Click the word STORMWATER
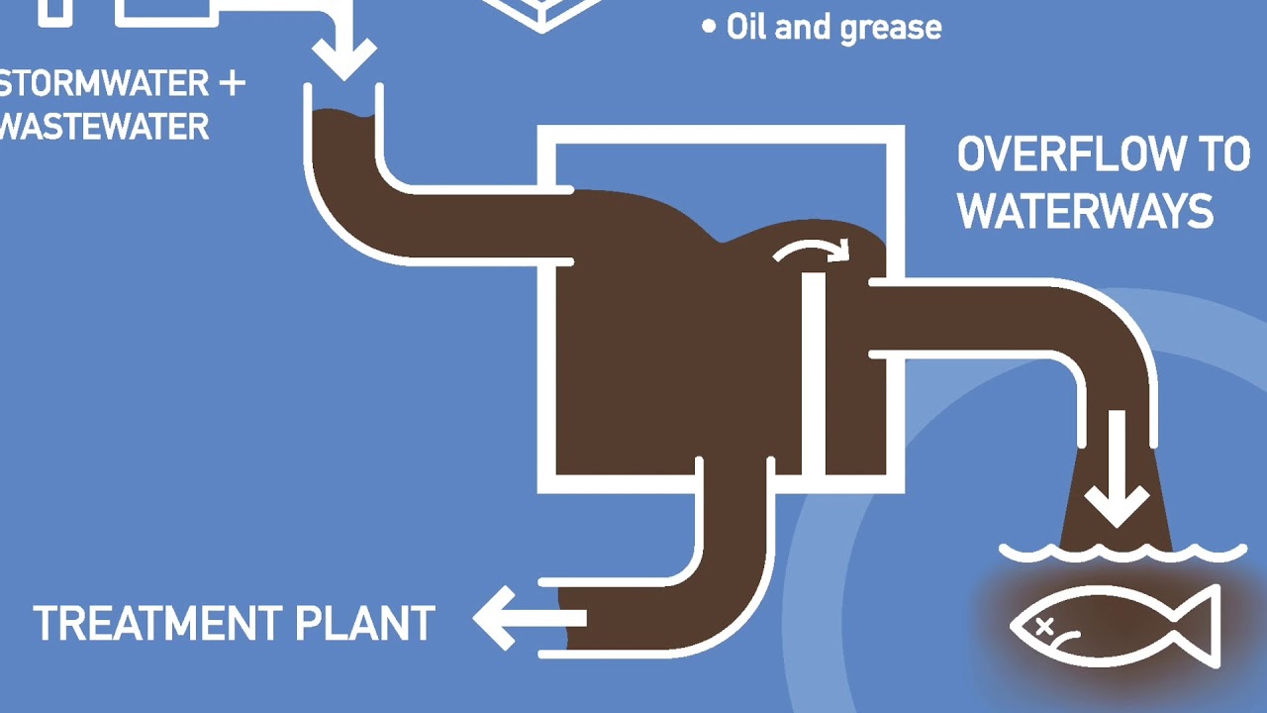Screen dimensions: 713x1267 click(104, 83)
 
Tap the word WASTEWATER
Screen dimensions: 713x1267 click(104, 127)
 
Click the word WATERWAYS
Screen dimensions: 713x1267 click(1085, 212)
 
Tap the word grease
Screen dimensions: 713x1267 click(889, 28)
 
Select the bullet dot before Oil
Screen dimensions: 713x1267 click(708, 27)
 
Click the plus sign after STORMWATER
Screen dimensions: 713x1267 click(231, 83)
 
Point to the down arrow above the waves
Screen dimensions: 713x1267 click(1117, 473)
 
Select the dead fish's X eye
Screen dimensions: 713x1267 click(1044, 625)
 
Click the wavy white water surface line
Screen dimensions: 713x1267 click(1122, 553)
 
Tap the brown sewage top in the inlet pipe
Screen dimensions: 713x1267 click(342, 119)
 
